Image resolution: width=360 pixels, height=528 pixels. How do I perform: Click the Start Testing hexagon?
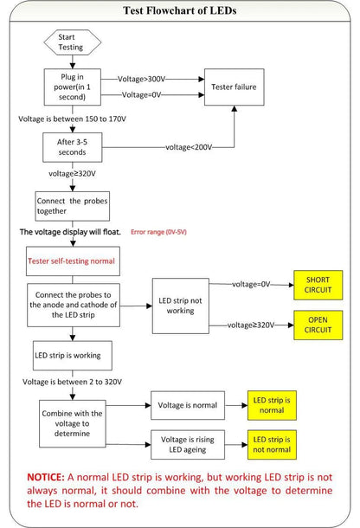pos(73,42)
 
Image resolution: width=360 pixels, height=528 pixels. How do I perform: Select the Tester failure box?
pos(234,87)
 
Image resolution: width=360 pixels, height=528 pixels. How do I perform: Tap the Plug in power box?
pos(73,87)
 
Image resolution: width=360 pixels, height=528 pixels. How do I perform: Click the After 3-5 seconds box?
pos(73,147)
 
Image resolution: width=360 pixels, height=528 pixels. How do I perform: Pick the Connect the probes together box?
pos(73,206)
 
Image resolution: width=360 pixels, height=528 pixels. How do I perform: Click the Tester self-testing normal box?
pos(73,261)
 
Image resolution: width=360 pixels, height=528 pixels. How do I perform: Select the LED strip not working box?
pos(181,306)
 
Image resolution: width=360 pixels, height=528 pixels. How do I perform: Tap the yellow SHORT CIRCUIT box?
pos(318,285)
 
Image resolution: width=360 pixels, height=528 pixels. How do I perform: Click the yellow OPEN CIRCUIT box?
pos(318,325)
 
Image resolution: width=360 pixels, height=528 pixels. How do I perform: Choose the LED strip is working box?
pos(73,356)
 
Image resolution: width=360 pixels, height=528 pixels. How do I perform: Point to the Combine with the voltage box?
pos(73,423)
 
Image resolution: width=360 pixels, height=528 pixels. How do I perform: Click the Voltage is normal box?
pos(188,405)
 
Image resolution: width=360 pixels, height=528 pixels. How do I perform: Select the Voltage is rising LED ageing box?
pos(188,445)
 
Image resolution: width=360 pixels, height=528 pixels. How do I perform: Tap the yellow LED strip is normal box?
pos(272,405)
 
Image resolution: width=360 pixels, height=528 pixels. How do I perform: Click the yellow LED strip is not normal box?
pos(272,445)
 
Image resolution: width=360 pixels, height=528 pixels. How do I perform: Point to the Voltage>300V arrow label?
pos(141,79)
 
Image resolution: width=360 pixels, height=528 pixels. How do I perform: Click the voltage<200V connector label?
pos(189,147)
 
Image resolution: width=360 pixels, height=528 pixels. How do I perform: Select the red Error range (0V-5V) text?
pos(158,232)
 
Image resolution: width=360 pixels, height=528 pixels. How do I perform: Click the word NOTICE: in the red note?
pos(46,477)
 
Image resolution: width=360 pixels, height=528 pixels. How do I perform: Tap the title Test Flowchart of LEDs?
pos(180,10)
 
